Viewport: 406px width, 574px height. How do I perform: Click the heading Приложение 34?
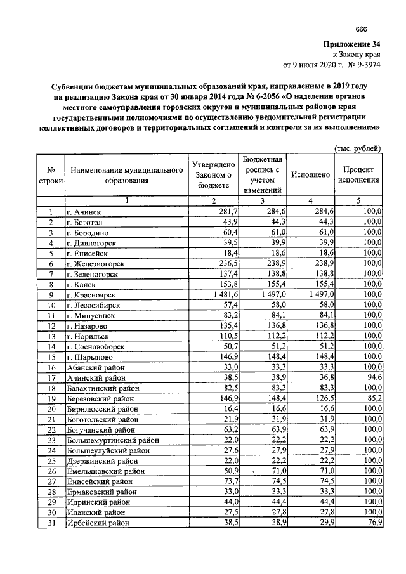353,45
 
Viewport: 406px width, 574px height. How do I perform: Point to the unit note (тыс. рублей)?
357,149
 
